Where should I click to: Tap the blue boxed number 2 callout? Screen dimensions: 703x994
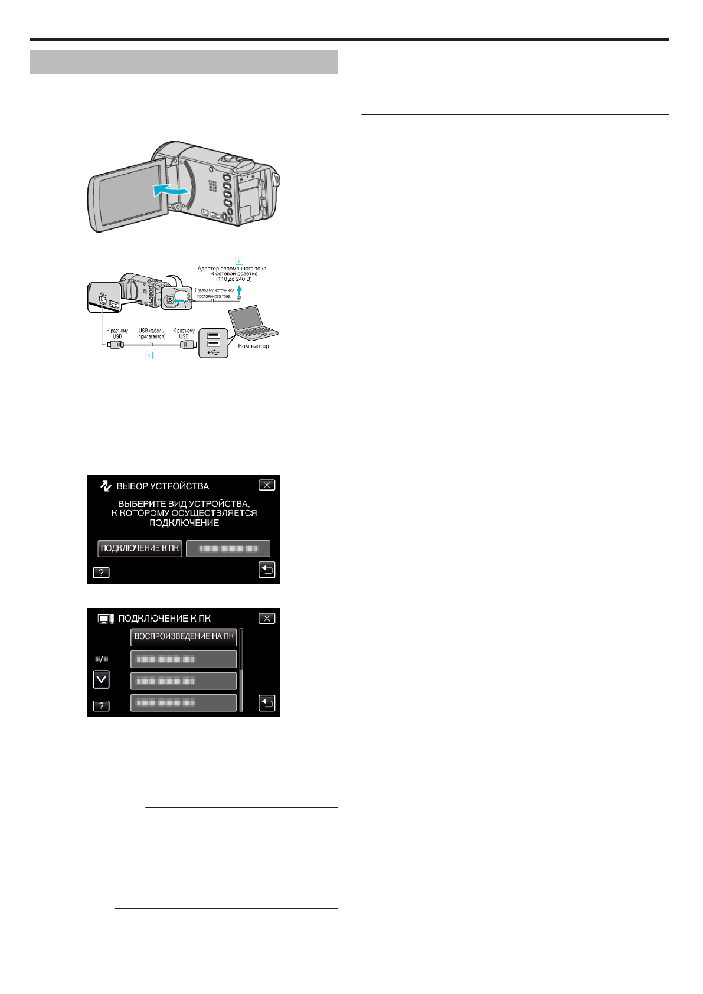(x=239, y=260)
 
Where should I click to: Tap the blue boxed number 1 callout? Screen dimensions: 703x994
(x=149, y=356)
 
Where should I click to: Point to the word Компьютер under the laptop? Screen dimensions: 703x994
(x=253, y=346)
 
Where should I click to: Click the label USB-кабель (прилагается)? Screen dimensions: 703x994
(x=151, y=333)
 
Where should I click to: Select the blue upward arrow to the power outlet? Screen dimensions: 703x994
(x=239, y=290)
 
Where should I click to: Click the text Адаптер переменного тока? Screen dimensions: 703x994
(x=231, y=269)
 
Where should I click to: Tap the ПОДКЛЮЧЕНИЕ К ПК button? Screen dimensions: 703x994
(x=140, y=548)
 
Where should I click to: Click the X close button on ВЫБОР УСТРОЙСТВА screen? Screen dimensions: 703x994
(x=267, y=485)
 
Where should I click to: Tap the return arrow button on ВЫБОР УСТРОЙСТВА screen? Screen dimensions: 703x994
(x=267, y=570)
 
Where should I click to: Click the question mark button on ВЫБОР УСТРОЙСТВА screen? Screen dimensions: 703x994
(x=101, y=573)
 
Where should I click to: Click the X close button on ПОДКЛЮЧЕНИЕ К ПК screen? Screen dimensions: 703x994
(x=267, y=619)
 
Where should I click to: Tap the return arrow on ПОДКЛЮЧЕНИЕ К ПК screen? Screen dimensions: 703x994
(x=267, y=704)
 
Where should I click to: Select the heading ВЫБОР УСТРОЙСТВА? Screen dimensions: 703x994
(x=162, y=486)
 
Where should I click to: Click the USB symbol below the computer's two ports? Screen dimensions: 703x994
(x=214, y=352)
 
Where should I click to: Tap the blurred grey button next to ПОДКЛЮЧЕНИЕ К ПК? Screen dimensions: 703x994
(x=228, y=549)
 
